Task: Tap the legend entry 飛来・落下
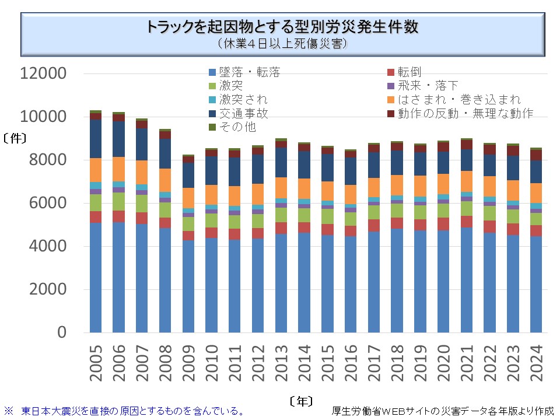[428, 86]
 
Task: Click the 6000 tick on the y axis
[48, 203]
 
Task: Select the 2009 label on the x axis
[188, 363]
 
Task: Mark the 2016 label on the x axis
[351, 363]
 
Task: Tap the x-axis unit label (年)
[300, 401]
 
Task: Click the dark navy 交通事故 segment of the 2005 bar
[96, 139]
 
